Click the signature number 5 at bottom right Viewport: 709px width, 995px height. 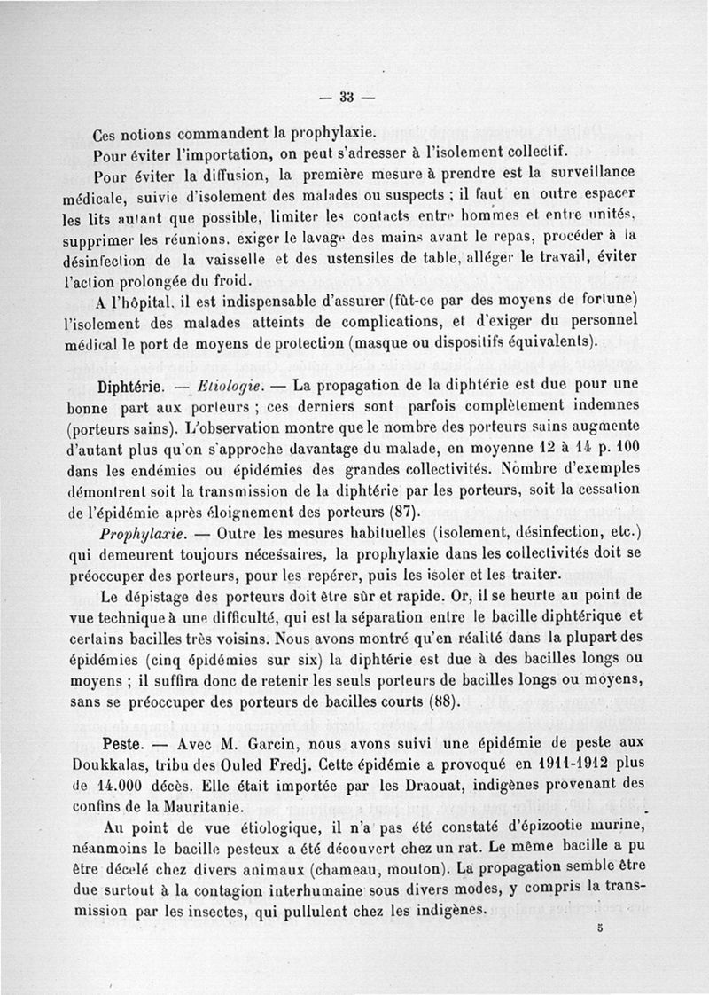600,929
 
